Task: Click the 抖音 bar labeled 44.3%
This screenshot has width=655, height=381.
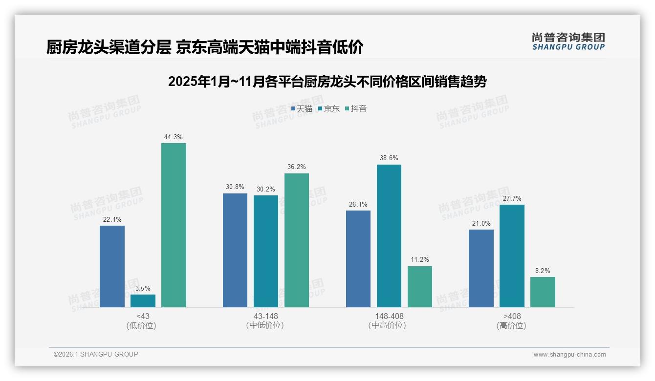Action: click(174, 225)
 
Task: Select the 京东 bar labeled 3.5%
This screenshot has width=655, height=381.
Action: click(143, 301)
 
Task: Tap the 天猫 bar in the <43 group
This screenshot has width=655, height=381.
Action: click(112, 266)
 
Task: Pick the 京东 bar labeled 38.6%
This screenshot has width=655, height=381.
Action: click(389, 235)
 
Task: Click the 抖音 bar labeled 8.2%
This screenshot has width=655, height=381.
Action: click(543, 292)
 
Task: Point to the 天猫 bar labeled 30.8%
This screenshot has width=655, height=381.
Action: click(235, 250)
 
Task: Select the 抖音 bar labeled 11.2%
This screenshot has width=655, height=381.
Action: click(420, 287)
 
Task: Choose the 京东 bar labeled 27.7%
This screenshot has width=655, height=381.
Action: click(512, 256)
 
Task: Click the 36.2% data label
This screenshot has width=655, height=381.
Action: click(297, 167)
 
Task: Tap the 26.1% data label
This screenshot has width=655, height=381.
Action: click(358, 204)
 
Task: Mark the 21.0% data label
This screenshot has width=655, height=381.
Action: click(481, 223)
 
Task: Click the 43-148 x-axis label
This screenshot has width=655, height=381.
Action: click(265, 316)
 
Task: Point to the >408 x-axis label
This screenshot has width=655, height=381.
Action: click(512, 316)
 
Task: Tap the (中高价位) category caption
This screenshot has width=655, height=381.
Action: click(387, 325)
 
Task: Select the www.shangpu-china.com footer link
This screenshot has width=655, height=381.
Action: click(569, 355)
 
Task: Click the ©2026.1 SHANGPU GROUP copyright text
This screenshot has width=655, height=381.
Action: click(96, 354)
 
